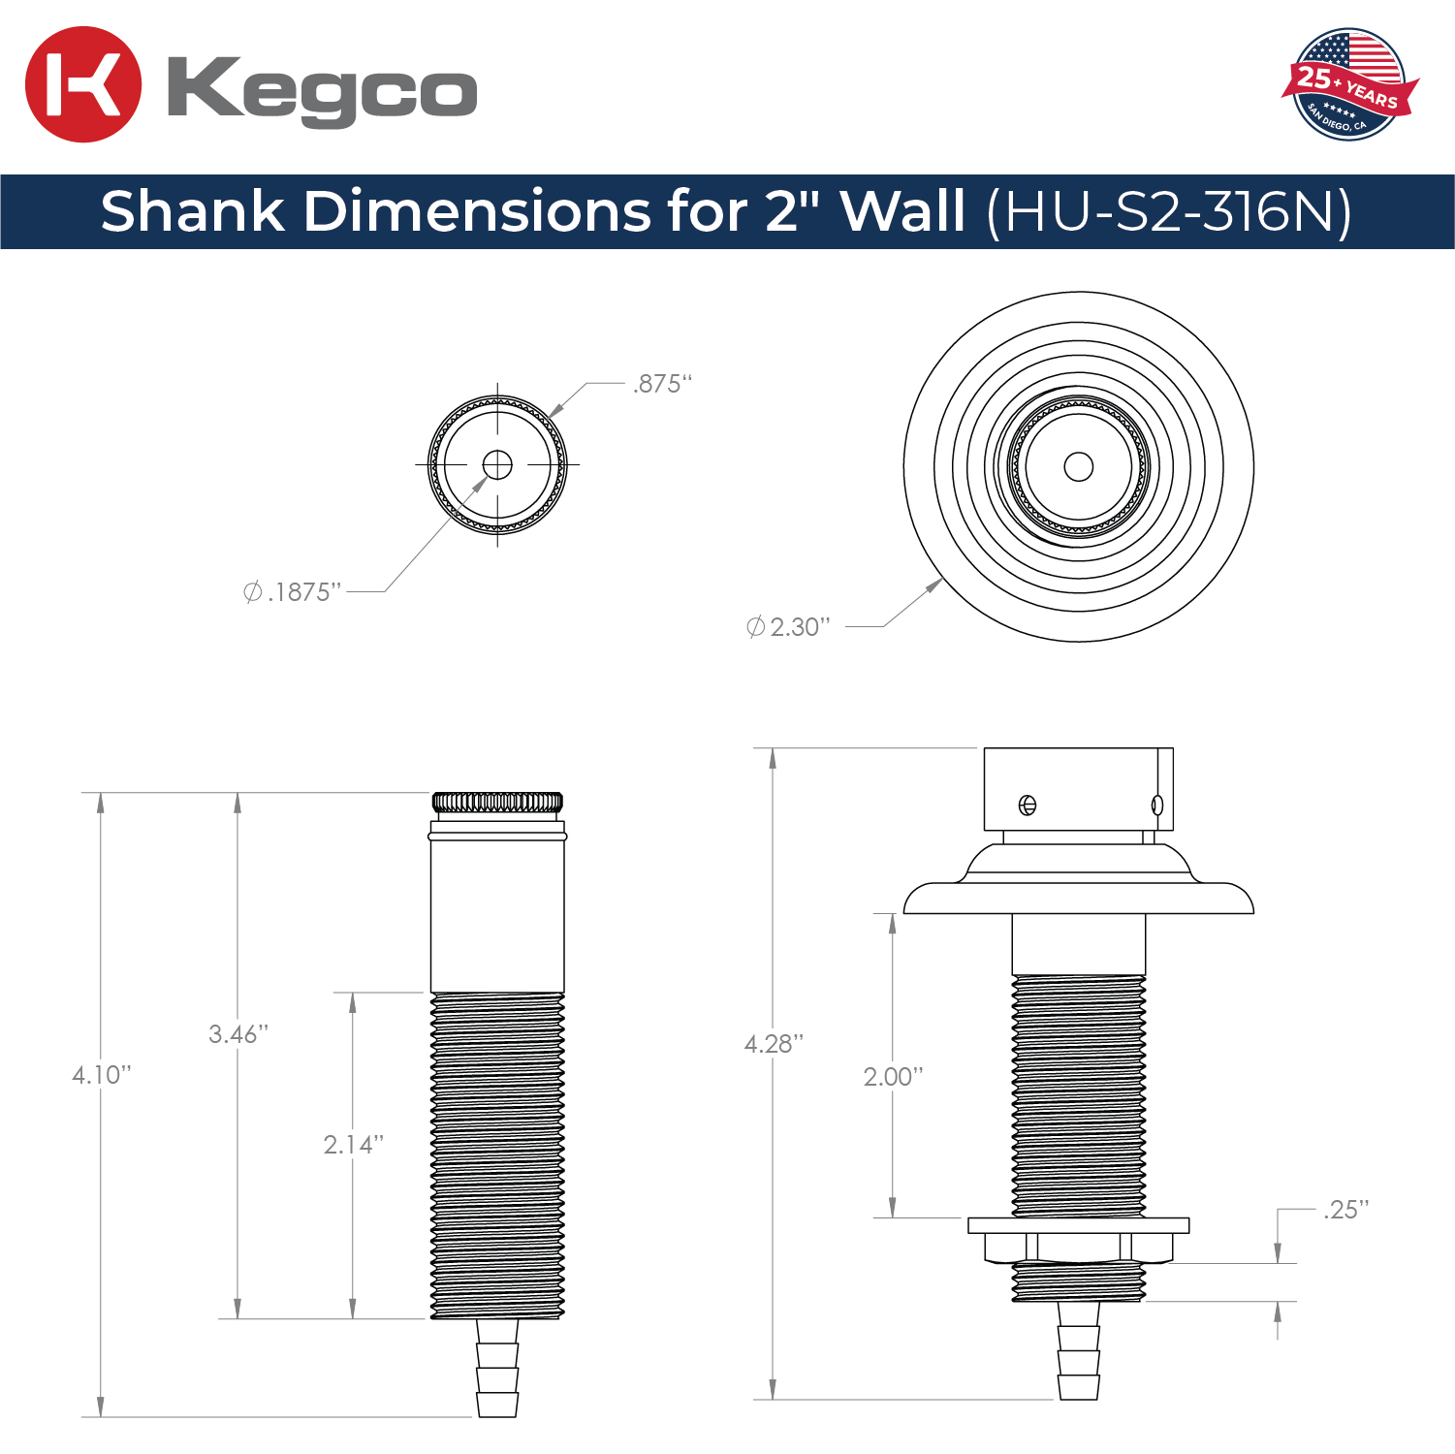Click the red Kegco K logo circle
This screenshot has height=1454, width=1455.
click(83, 84)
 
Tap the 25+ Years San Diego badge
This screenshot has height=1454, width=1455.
click(1349, 84)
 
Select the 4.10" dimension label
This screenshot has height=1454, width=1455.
click(102, 1075)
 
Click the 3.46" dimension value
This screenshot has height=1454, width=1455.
click(238, 1034)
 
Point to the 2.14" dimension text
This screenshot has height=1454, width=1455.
click(354, 1145)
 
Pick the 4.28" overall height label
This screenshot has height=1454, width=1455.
click(774, 1044)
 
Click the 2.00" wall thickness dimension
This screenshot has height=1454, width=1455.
click(894, 1077)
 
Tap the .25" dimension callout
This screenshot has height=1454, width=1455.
click(1346, 1210)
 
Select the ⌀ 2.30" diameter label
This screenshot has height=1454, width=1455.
click(788, 627)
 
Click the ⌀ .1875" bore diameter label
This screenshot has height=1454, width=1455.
click(293, 592)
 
